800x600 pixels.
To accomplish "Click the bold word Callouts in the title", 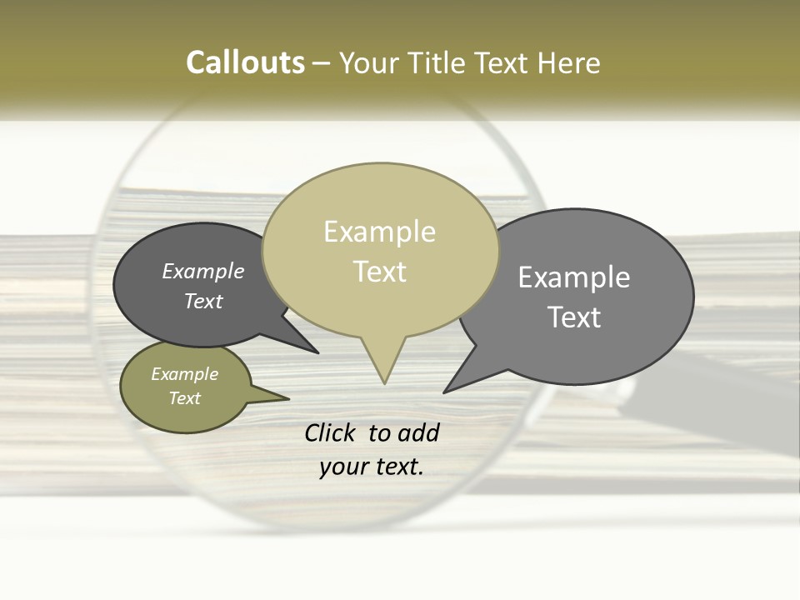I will (245, 62).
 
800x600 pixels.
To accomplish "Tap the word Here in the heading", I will (570, 62).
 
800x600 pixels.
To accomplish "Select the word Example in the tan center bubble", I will (379, 232).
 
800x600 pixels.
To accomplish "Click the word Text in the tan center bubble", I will (380, 272).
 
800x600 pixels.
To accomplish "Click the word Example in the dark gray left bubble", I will (203, 271).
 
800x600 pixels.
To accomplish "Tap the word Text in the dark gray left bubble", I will (203, 301).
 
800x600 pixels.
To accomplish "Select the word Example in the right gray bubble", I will (574, 277).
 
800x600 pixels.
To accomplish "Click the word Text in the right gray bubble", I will (574, 317).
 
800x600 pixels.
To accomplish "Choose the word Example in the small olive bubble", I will (185, 374).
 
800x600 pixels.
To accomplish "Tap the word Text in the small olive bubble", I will (185, 398).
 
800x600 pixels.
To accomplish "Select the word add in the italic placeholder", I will (418, 432).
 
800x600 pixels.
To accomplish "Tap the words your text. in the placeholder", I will (371, 467).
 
